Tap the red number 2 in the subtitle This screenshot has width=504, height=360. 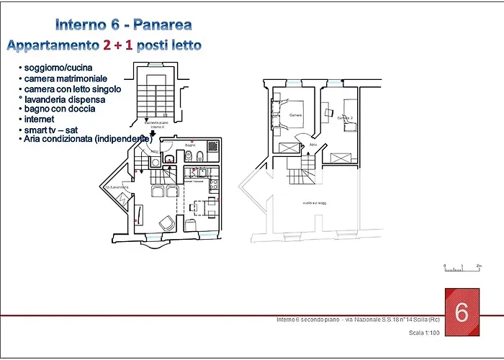[x=107, y=45]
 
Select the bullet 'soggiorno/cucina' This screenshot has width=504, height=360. [x=58, y=68]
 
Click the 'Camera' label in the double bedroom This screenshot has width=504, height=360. [x=295, y=115]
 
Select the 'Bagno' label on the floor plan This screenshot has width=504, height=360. [x=190, y=145]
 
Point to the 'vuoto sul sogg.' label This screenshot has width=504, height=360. [x=314, y=203]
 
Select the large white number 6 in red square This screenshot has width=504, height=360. [x=462, y=312]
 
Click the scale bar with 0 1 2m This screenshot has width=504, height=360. [x=462, y=269]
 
